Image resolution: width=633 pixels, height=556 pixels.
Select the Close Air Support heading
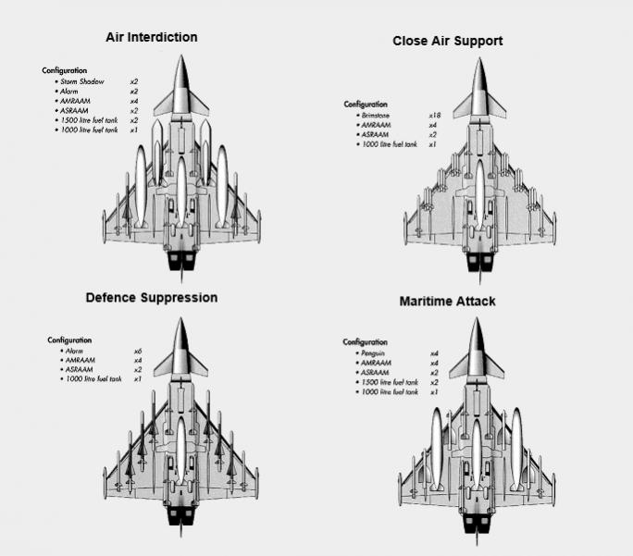pyautogui.click(x=448, y=42)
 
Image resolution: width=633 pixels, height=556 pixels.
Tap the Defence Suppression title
pyautogui.click(x=151, y=298)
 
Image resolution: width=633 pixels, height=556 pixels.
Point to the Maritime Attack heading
pyautogui.click(x=447, y=302)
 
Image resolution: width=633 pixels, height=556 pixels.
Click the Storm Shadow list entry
pyautogui.click(x=81, y=81)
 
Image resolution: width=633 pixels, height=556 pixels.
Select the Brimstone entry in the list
pyautogui.click(x=376, y=115)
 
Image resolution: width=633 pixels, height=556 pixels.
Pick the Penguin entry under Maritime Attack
pyautogui.click(x=372, y=353)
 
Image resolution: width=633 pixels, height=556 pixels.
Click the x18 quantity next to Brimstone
pyautogui.click(x=433, y=115)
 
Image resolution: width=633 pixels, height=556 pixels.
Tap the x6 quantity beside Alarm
pyautogui.click(x=136, y=351)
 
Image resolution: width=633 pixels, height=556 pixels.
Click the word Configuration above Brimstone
pyautogui.click(x=366, y=105)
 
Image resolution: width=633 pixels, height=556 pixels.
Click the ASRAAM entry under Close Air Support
pyautogui.click(x=375, y=134)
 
